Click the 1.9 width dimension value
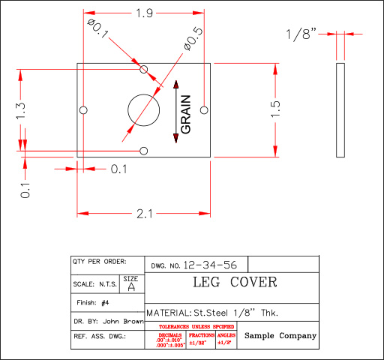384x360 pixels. (145, 13)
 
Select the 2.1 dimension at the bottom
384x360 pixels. (145, 214)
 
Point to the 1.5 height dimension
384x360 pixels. (275, 108)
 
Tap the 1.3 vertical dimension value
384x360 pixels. (20, 110)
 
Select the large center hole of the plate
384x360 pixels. (144, 109)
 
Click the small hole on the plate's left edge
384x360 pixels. (84, 110)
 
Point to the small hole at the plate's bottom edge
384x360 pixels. (144, 151)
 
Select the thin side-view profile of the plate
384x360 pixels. (340, 109)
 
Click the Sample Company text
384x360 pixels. (280, 336)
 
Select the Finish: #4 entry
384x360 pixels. (94, 302)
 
